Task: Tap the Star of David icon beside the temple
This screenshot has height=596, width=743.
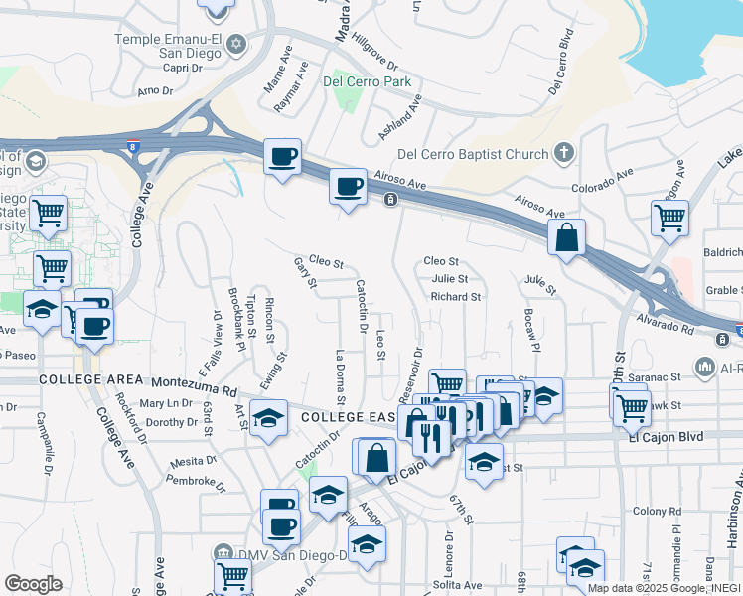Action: tap(236, 45)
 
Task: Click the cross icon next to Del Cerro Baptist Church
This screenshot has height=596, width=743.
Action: tap(564, 153)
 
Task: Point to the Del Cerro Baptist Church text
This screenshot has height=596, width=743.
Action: tap(472, 154)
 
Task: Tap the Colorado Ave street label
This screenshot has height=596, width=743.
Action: tap(602, 182)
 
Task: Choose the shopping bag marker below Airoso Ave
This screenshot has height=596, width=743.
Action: tap(566, 238)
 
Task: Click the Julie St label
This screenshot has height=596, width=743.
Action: tap(449, 279)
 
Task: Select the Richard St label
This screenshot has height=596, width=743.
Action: tap(455, 296)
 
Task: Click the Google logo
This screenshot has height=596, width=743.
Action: tap(33, 583)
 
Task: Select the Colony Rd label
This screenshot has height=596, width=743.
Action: tap(654, 512)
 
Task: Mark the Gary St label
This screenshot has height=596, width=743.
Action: tap(304, 274)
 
